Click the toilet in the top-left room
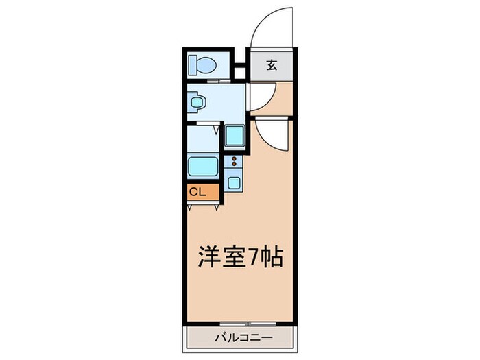pyautogui.click(x=202, y=64)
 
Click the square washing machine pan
pyautogui.click(x=235, y=135)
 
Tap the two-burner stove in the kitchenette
pyautogui.click(x=235, y=163)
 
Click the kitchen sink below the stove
pyautogui.click(x=235, y=182)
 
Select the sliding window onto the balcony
pyautogui.click(x=243, y=322)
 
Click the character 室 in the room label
pyautogui.click(x=233, y=259)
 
